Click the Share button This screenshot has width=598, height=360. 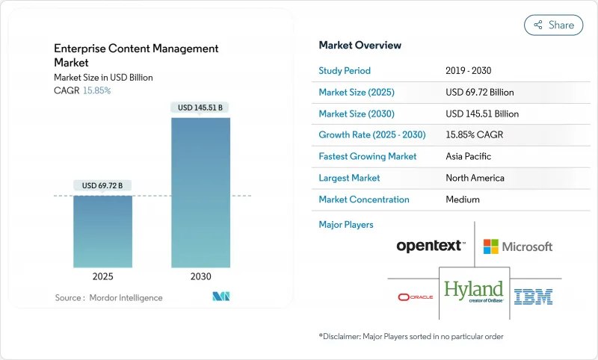pyautogui.click(x=553, y=25)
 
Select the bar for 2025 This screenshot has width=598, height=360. pyautogui.click(x=102, y=231)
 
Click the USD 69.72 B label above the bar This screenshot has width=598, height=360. pyautogui.click(x=102, y=185)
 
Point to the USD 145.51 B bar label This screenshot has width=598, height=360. pyautogui.click(x=200, y=108)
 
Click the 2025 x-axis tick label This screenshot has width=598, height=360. pyautogui.click(x=102, y=276)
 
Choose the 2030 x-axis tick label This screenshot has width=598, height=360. pyautogui.click(x=200, y=276)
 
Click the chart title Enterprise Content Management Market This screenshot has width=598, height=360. pyautogui.click(x=136, y=55)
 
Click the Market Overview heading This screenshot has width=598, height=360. pyautogui.click(x=360, y=46)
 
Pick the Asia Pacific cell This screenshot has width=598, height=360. pyautogui.click(x=469, y=157)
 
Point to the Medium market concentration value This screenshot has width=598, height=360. pyautogui.click(x=462, y=199)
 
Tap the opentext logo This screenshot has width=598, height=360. pyautogui.click(x=431, y=246)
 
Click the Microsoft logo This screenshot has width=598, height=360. pyautogui.click(x=517, y=246)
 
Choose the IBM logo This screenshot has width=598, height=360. pyautogui.click(x=534, y=297)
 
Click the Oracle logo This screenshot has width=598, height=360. pyautogui.click(x=415, y=297)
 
